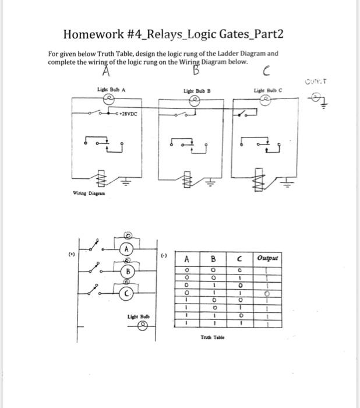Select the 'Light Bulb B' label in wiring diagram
click(196, 92)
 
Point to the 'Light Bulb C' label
click(267, 91)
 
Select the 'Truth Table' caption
click(214, 337)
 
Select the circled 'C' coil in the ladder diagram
click(125, 293)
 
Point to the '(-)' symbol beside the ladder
click(165, 255)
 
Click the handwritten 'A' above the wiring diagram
click(107, 72)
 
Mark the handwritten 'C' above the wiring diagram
click(266, 72)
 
